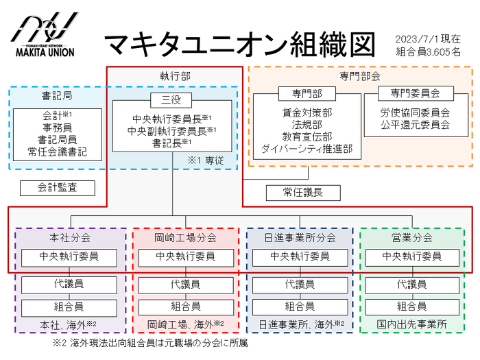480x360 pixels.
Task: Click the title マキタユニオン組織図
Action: (239, 44)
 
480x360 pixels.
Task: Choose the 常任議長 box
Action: (303, 193)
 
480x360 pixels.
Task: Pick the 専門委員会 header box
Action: (416, 93)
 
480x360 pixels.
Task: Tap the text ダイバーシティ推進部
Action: (307, 148)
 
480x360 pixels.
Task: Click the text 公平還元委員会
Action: (416, 125)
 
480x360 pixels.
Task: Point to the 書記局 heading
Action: (57, 96)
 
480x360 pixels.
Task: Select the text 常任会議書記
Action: (58, 151)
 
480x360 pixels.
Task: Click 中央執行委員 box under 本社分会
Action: (69, 256)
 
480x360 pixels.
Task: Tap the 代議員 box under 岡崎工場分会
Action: (185, 284)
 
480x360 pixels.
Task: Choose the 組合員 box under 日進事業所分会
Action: (300, 307)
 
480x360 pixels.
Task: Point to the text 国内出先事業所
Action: (412, 324)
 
